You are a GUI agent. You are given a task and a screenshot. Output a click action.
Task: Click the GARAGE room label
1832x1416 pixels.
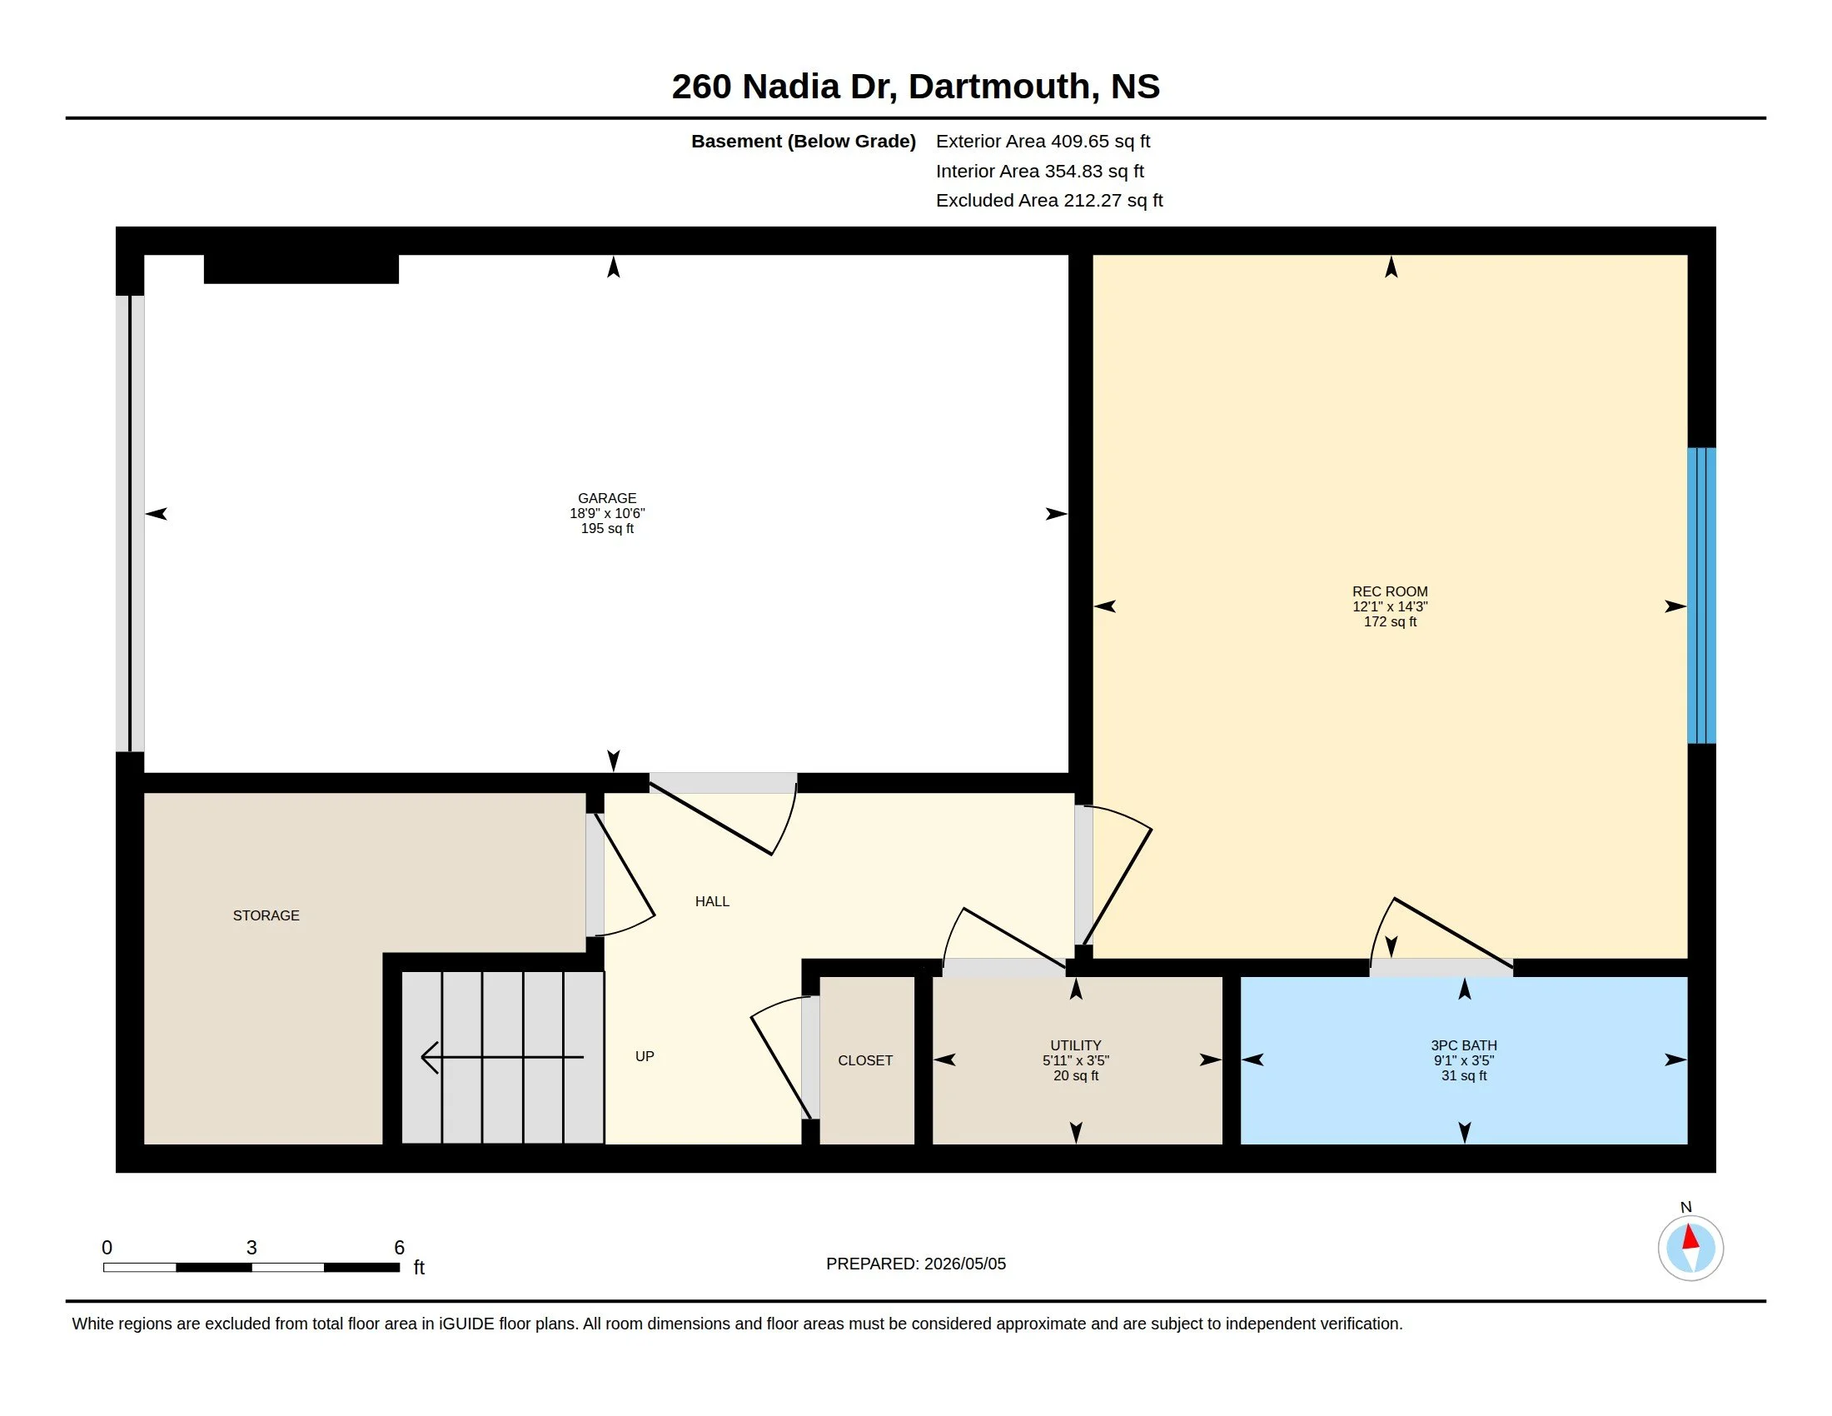tap(606, 498)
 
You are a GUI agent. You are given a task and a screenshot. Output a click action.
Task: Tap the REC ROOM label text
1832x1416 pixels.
tap(1390, 591)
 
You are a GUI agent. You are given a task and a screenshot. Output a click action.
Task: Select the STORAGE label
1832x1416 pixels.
tap(266, 915)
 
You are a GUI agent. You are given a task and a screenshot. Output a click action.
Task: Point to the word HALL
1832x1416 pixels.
tap(712, 901)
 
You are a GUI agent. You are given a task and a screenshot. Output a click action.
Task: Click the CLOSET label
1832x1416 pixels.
tap(865, 1060)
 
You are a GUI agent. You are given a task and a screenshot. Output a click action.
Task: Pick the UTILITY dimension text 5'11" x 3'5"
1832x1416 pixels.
tap(1075, 1060)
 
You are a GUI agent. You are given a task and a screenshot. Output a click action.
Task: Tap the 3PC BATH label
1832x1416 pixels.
tap(1464, 1045)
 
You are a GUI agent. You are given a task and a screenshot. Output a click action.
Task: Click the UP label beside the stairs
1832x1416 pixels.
tap(645, 1056)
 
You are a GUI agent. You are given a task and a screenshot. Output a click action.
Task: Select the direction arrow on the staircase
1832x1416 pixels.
tap(502, 1057)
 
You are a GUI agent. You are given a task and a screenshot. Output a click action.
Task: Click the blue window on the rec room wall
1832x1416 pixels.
tap(1701, 596)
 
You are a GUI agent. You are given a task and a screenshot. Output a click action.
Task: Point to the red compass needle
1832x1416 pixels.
tap(1690, 1238)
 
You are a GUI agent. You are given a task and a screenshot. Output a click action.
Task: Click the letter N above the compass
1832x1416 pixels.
tap(1686, 1207)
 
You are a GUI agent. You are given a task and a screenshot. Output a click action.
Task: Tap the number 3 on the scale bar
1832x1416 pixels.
tap(251, 1248)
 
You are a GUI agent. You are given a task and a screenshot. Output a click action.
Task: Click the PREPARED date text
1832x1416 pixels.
tap(916, 1264)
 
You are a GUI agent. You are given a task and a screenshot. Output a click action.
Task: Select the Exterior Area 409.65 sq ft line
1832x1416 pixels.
tap(1043, 141)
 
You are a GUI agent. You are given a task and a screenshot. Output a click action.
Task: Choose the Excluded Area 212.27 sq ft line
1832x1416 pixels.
tap(1049, 201)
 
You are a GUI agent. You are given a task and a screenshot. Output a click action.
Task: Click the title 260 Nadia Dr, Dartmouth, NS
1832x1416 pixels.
tap(916, 87)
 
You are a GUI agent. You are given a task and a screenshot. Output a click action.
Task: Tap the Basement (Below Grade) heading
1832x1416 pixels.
tap(803, 141)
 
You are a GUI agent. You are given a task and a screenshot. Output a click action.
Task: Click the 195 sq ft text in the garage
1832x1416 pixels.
tap(607, 528)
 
